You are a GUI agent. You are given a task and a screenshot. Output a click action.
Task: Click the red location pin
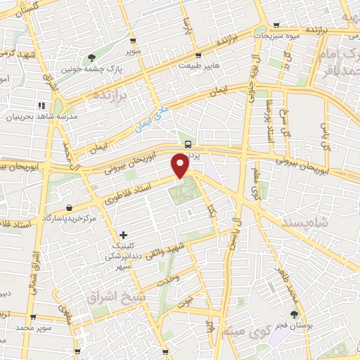(x=181, y=165)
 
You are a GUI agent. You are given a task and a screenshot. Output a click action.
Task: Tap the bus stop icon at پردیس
(x=188, y=143)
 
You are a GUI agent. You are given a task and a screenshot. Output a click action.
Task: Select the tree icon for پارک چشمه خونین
(x=91, y=58)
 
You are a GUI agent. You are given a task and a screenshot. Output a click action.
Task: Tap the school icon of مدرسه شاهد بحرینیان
(x=51, y=105)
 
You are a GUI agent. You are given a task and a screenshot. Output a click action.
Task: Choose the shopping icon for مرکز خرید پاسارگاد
(x=70, y=207)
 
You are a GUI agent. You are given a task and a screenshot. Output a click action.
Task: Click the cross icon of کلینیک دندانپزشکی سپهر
(x=124, y=234)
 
